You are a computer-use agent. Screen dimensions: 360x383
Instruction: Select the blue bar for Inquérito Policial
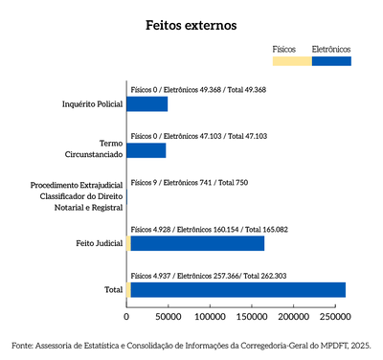point(147,103)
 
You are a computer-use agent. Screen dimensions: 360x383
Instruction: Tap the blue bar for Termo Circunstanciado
point(146,150)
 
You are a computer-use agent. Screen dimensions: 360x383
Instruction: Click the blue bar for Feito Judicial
point(197,243)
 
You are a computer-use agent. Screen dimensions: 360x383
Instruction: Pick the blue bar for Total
point(237,289)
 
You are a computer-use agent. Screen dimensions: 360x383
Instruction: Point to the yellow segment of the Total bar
point(128,289)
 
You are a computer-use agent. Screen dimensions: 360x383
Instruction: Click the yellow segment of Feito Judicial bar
point(128,243)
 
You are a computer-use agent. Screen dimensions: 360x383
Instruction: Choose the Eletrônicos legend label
point(331,48)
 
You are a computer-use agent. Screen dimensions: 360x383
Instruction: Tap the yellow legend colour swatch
point(292,61)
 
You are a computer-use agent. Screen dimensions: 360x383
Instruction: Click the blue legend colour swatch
point(331,61)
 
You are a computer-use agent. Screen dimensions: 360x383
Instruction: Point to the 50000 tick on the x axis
point(168,313)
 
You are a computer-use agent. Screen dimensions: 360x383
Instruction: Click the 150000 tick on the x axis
point(251,313)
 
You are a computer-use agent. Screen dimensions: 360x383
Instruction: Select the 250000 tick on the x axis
point(334,313)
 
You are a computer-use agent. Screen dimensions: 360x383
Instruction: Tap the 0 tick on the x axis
point(126,313)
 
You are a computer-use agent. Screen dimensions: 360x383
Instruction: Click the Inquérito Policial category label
point(92,103)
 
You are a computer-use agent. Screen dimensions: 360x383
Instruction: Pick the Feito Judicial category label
point(99,243)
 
